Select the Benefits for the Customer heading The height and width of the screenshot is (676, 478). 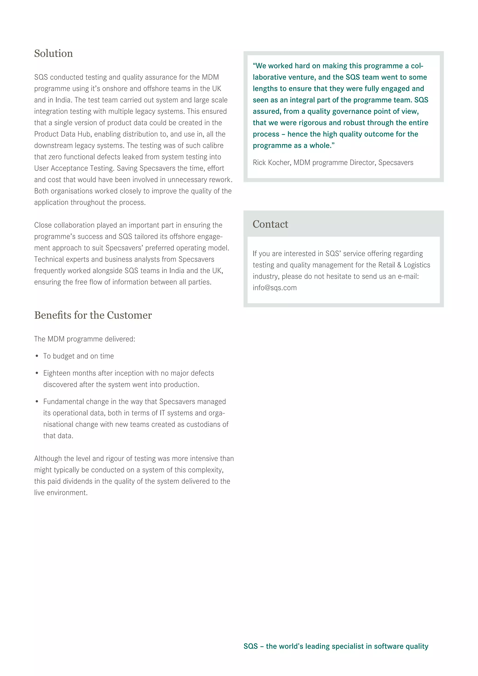point(93,315)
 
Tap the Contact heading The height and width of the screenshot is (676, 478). point(270,224)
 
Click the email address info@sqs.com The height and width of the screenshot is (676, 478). point(275,288)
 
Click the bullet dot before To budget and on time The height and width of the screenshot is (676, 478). point(37,356)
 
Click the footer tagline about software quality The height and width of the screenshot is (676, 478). point(336,646)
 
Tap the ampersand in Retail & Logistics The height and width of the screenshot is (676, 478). point(399,265)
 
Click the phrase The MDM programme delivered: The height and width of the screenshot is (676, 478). point(85,339)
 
